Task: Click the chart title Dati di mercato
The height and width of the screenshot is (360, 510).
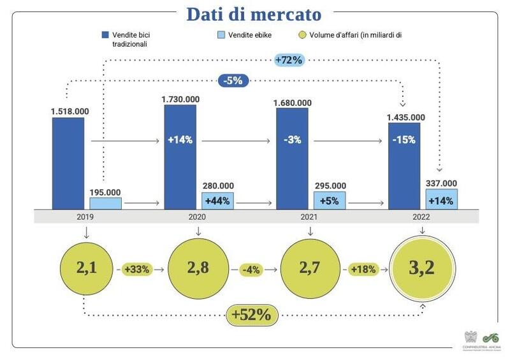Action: (254, 13)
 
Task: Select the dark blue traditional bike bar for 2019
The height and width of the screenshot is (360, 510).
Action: (68, 163)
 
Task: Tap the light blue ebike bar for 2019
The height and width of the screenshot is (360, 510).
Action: (105, 203)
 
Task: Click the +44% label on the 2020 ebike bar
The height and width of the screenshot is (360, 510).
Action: (217, 200)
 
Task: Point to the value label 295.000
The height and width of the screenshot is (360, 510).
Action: (330, 185)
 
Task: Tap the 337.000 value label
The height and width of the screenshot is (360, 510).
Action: (441, 182)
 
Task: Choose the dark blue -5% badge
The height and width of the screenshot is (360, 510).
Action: (233, 80)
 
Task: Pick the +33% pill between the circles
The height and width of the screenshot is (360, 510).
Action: (136, 269)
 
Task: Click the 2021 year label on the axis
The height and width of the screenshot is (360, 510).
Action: (308, 217)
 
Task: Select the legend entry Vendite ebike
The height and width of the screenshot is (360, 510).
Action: (245, 34)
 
